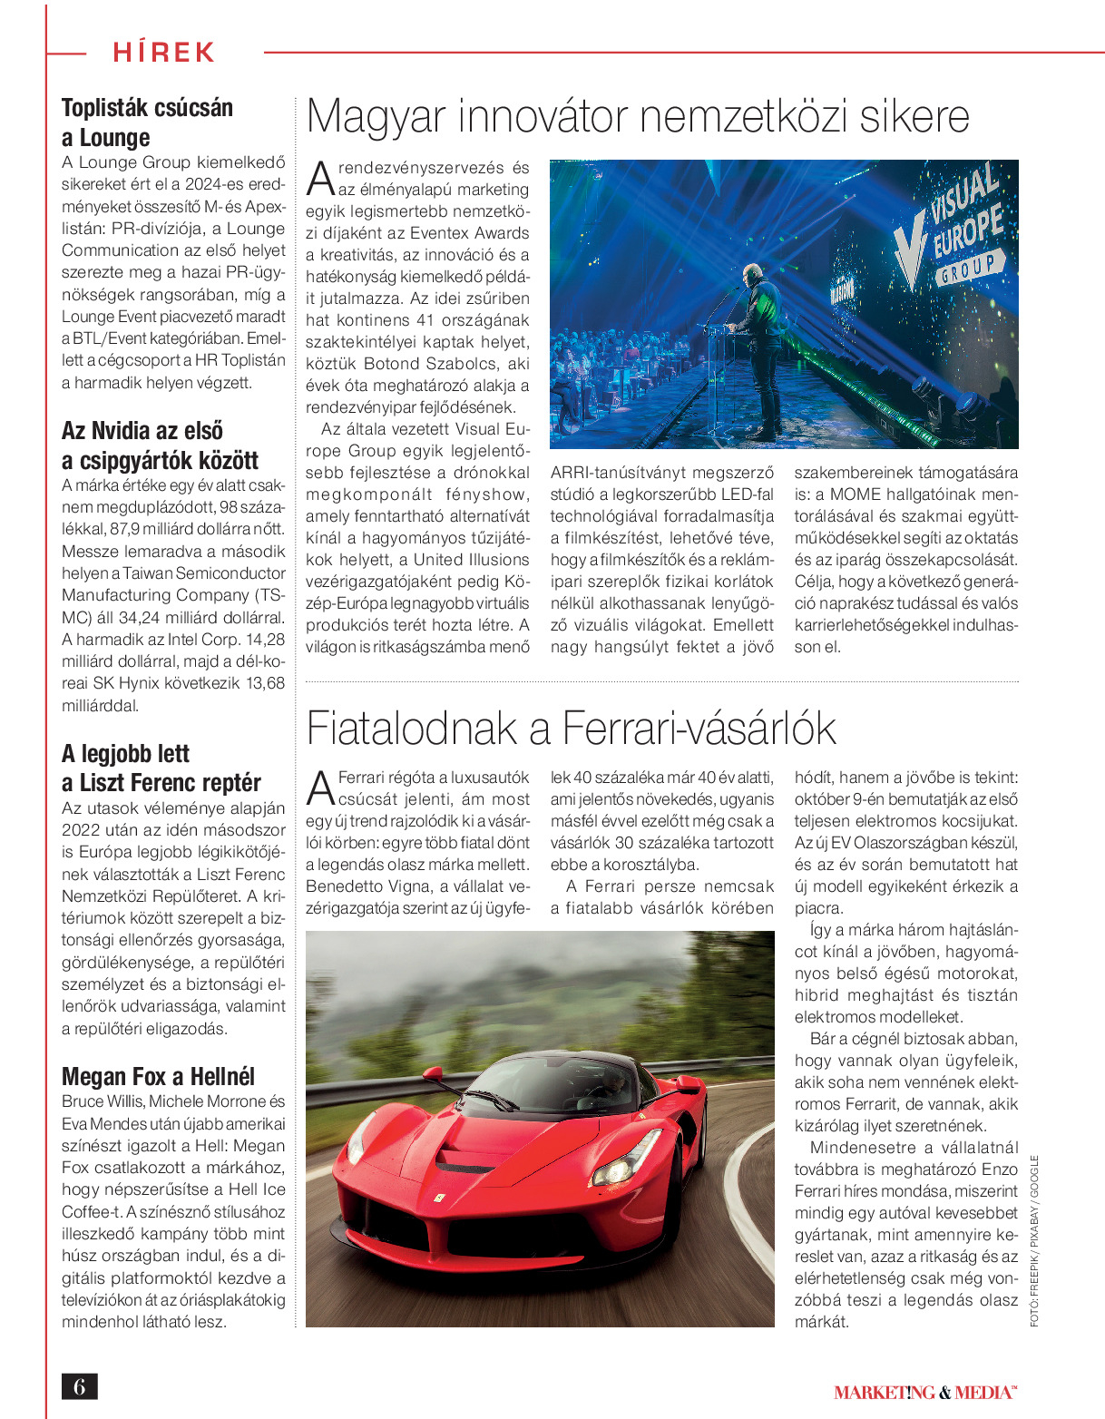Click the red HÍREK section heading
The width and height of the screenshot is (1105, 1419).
[163, 52]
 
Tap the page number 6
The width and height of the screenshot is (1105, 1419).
[79, 1386]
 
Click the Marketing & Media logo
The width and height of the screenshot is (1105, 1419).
[924, 1392]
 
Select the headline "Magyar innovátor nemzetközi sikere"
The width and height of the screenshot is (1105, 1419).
[638, 117]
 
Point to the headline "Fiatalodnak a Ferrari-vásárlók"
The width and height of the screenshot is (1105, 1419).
[571, 728]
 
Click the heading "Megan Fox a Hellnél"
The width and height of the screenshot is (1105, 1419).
[158, 1077]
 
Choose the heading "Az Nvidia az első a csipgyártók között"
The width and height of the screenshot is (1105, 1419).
[160, 445]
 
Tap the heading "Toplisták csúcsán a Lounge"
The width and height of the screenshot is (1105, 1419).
[147, 122]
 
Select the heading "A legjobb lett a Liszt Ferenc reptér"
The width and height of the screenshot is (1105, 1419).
[161, 768]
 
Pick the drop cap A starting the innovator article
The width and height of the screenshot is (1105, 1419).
[321, 180]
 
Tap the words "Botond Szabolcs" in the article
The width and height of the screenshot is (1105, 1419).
[421, 364]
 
